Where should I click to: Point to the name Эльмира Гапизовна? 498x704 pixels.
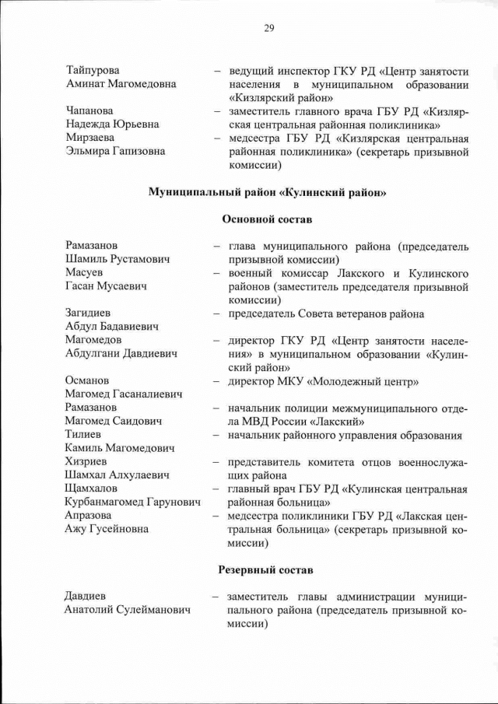(x=115, y=152)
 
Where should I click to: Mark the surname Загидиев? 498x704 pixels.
(x=90, y=313)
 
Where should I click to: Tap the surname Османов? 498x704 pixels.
(x=87, y=380)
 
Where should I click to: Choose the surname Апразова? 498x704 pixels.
(x=89, y=516)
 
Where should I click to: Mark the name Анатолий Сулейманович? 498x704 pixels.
(x=127, y=611)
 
